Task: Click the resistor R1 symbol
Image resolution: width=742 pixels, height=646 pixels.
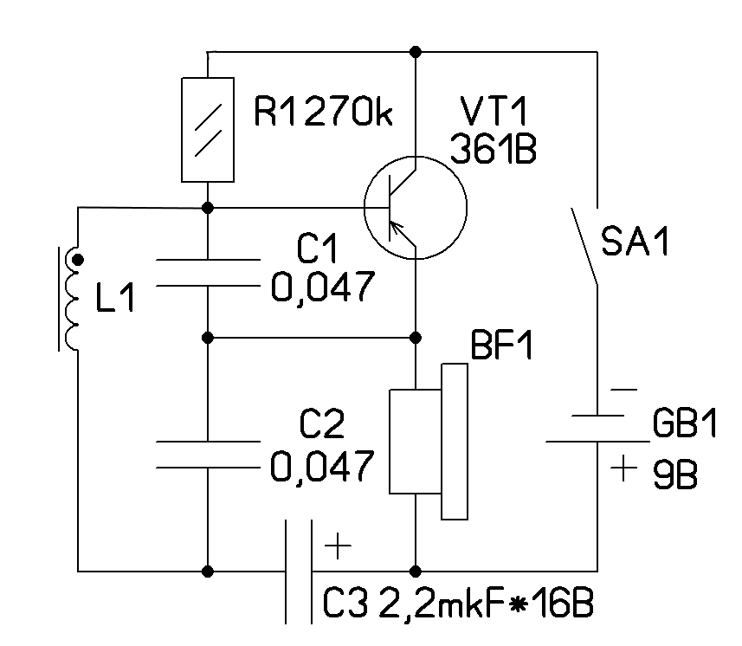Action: pos(209,129)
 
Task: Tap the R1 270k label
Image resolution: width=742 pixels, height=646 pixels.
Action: pos(324,112)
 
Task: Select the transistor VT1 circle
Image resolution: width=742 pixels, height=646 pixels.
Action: pos(415,208)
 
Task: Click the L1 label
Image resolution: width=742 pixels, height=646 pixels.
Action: pos(115,300)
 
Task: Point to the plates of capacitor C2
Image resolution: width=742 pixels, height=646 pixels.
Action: pos(209,455)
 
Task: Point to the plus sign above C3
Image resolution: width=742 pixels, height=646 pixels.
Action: pos(337,547)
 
